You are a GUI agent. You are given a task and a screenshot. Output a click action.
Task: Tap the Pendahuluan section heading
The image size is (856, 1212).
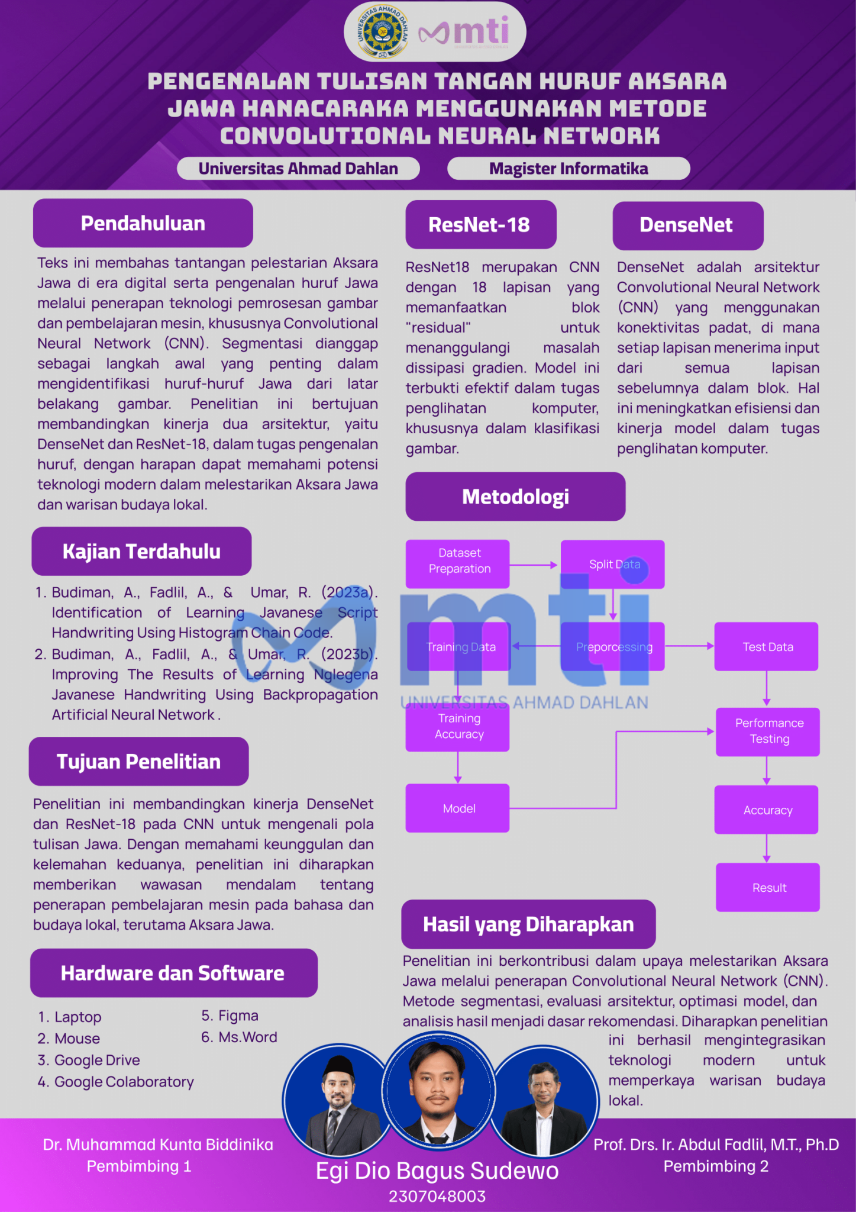click(x=143, y=223)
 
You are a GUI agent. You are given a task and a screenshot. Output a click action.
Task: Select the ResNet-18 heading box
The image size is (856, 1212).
click(x=480, y=225)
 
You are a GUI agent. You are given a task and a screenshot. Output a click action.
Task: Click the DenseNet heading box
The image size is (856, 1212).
click(x=687, y=225)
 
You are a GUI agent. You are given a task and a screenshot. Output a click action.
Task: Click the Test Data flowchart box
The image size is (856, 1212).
click(x=767, y=646)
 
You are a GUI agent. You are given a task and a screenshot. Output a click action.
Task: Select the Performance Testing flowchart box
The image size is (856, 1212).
click(x=768, y=731)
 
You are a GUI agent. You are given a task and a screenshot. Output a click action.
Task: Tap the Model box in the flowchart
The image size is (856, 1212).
click(x=458, y=808)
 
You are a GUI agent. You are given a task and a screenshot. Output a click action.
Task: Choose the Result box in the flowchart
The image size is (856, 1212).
click(x=768, y=887)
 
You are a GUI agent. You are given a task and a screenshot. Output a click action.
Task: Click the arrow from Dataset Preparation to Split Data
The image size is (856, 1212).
click(x=534, y=565)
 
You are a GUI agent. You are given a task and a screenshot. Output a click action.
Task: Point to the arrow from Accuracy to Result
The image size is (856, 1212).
click(x=767, y=848)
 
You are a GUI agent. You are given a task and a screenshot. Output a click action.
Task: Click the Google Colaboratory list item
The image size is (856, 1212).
click(x=116, y=1082)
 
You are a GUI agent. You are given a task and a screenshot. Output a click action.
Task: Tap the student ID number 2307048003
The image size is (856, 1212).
click(x=437, y=1196)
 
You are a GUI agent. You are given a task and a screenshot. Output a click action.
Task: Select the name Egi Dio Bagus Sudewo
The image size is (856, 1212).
click(x=437, y=1171)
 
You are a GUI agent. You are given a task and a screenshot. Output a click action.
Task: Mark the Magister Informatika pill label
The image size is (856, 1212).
click(x=568, y=169)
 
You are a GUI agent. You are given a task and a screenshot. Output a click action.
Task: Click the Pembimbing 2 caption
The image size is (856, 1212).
click(x=716, y=1166)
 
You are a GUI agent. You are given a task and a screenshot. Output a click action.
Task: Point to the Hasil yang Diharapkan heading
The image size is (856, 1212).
click(x=528, y=924)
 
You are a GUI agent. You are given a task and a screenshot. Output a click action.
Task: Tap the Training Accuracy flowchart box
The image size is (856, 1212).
click(x=458, y=727)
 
